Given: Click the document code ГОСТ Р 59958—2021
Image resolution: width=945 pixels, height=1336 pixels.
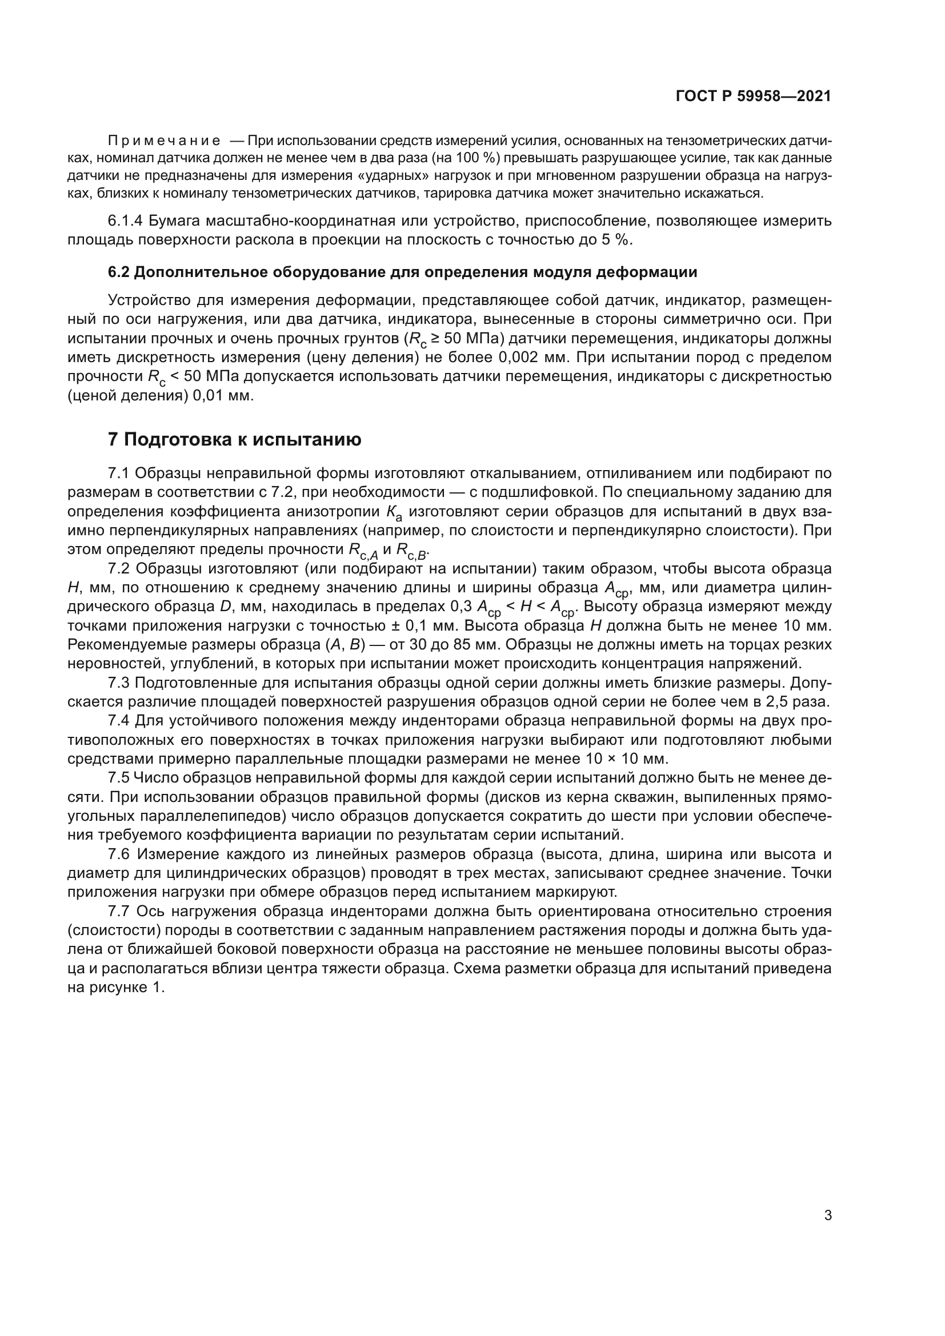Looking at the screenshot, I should pos(753,97).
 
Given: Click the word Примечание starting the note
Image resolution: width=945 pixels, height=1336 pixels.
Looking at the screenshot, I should pos(164,141).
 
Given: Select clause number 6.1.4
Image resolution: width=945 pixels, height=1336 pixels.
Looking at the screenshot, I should pos(125,221).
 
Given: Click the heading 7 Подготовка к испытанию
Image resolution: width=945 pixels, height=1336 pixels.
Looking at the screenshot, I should pos(234,439).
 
